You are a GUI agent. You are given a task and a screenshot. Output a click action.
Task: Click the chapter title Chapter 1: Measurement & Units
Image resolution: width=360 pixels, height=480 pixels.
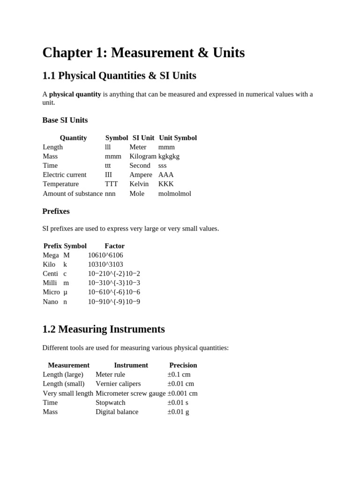[143, 53]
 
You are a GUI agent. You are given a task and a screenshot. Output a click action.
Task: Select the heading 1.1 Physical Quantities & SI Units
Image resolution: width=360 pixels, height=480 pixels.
[119, 75]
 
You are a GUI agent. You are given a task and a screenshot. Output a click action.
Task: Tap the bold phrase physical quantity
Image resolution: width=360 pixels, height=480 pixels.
[75, 94]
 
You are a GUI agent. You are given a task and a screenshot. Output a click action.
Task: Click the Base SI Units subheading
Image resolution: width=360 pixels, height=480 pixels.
[65, 120]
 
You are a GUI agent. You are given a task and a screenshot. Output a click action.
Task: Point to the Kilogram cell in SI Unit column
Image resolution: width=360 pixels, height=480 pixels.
[143, 156]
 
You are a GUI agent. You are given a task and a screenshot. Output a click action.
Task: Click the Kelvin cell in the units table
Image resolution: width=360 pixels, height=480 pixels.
[139, 184]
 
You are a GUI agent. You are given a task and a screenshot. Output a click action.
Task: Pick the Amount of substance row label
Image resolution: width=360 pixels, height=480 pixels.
[73, 194]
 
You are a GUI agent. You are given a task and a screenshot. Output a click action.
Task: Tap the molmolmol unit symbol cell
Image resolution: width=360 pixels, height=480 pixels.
[175, 194]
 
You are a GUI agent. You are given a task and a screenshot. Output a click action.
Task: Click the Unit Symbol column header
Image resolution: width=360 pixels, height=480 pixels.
[178, 138]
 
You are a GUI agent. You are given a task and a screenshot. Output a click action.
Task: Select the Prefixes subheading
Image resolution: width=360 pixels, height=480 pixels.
[56, 211]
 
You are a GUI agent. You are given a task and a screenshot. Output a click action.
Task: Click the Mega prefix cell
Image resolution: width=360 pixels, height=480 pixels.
[51, 255]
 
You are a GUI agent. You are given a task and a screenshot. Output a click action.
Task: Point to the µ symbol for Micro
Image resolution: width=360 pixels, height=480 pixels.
[66, 292]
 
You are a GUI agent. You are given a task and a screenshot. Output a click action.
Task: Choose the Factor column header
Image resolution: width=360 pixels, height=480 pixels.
[114, 246]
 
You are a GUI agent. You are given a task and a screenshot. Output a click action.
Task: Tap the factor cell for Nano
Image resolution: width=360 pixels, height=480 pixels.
[114, 301]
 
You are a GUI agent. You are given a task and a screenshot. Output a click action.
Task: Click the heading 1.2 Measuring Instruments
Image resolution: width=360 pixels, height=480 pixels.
[104, 329]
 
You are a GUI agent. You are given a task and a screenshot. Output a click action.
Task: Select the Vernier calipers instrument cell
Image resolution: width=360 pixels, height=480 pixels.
[118, 383]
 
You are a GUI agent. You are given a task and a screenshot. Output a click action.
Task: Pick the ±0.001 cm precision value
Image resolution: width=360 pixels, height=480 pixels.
[182, 393]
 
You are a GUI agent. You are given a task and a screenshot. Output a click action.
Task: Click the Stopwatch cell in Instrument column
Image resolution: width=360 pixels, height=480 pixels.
[111, 402]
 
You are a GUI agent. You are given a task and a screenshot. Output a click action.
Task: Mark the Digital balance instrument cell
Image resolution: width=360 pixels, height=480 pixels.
[117, 412]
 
